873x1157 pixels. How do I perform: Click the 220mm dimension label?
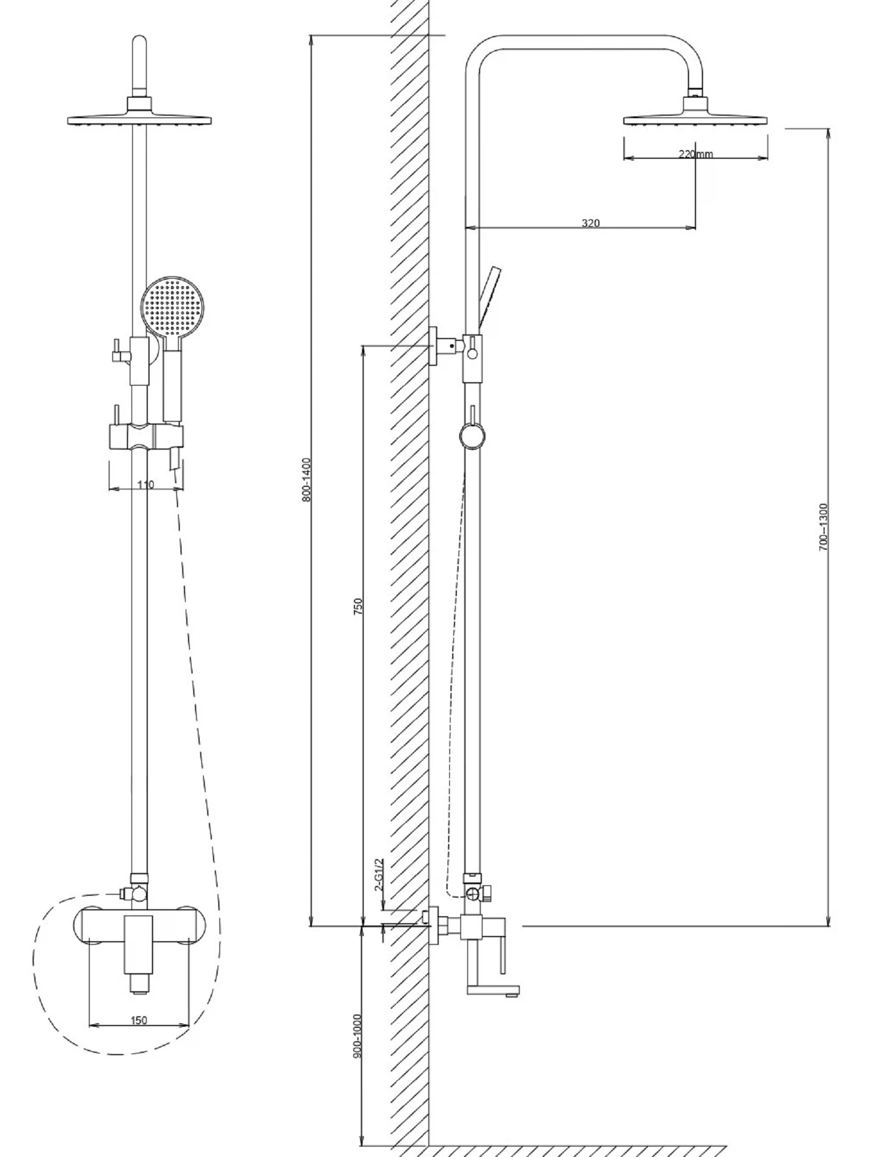pyautogui.click(x=695, y=154)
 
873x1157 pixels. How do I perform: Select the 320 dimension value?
pyautogui.click(x=590, y=223)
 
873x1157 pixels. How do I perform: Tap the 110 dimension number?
pyautogui.click(x=145, y=485)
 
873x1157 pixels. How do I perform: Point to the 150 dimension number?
pyautogui.click(x=139, y=1020)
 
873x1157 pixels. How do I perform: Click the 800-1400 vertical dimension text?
pyautogui.click(x=307, y=480)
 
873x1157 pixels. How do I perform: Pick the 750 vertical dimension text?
pyautogui.click(x=358, y=606)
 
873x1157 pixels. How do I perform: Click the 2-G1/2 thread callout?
pyautogui.click(x=379, y=875)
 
